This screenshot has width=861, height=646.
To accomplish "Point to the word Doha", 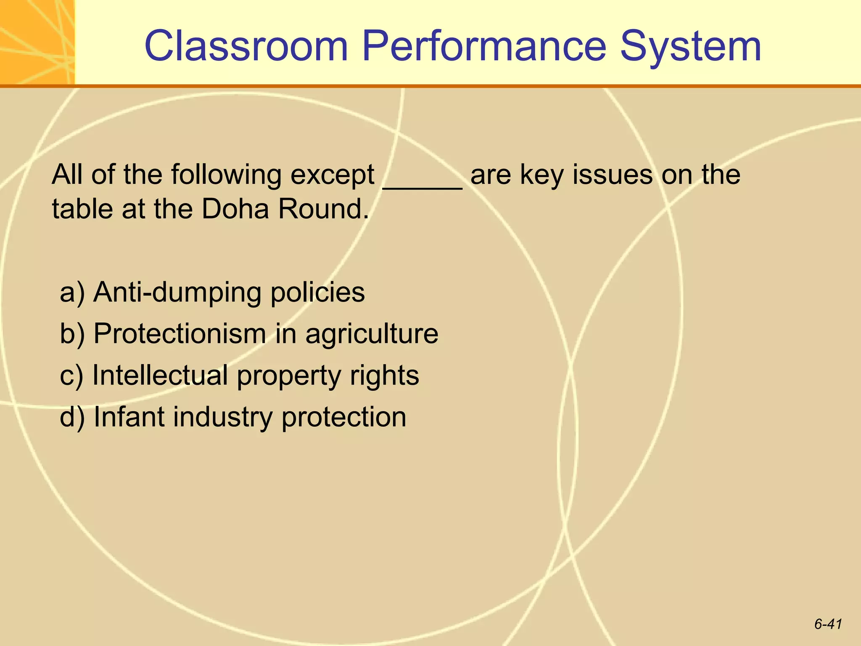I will (x=235, y=209).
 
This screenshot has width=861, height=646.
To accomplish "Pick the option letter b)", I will (x=72, y=334).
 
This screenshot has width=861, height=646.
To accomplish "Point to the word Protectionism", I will (x=180, y=334).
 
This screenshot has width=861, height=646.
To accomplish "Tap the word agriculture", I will (x=372, y=334).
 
